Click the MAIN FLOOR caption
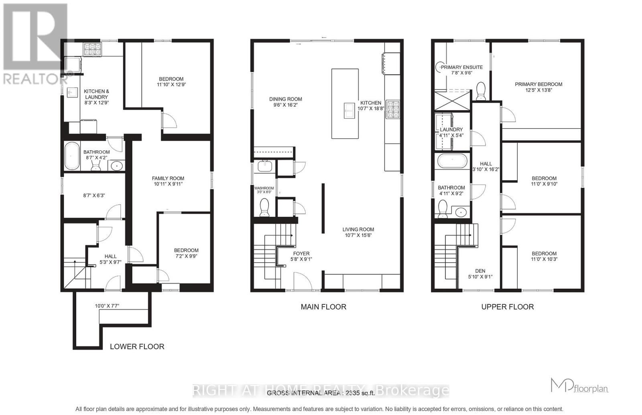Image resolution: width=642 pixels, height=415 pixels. click(x=323, y=307)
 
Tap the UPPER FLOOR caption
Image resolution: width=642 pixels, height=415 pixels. click(x=507, y=307)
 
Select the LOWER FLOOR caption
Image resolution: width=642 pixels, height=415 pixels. click(x=137, y=346)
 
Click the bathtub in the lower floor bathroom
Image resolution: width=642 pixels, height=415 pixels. click(x=72, y=156)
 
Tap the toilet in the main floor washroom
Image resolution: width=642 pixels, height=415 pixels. click(x=264, y=207)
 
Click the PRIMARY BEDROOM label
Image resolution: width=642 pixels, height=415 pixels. click(x=538, y=84)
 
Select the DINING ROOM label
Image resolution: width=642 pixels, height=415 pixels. click(x=285, y=99)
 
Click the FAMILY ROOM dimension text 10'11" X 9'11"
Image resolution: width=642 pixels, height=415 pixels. click(x=168, y=184)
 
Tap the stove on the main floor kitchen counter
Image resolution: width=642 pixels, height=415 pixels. click(x=392, y=109)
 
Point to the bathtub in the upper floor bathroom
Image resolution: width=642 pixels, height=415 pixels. click(x=452, y=161)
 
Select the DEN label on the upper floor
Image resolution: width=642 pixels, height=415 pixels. click(x=480, y=271)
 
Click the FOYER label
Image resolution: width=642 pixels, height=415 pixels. click(x=301, y=253)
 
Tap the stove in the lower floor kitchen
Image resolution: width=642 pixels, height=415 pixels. click(x=92, y=49)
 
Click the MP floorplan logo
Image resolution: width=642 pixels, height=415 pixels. click(x=579, y=386)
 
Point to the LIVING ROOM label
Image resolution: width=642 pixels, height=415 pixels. click(x=358, y=229)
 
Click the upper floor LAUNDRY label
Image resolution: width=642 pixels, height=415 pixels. click(x=451, y=130)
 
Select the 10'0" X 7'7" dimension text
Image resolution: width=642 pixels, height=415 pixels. click(x=107, y=306)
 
